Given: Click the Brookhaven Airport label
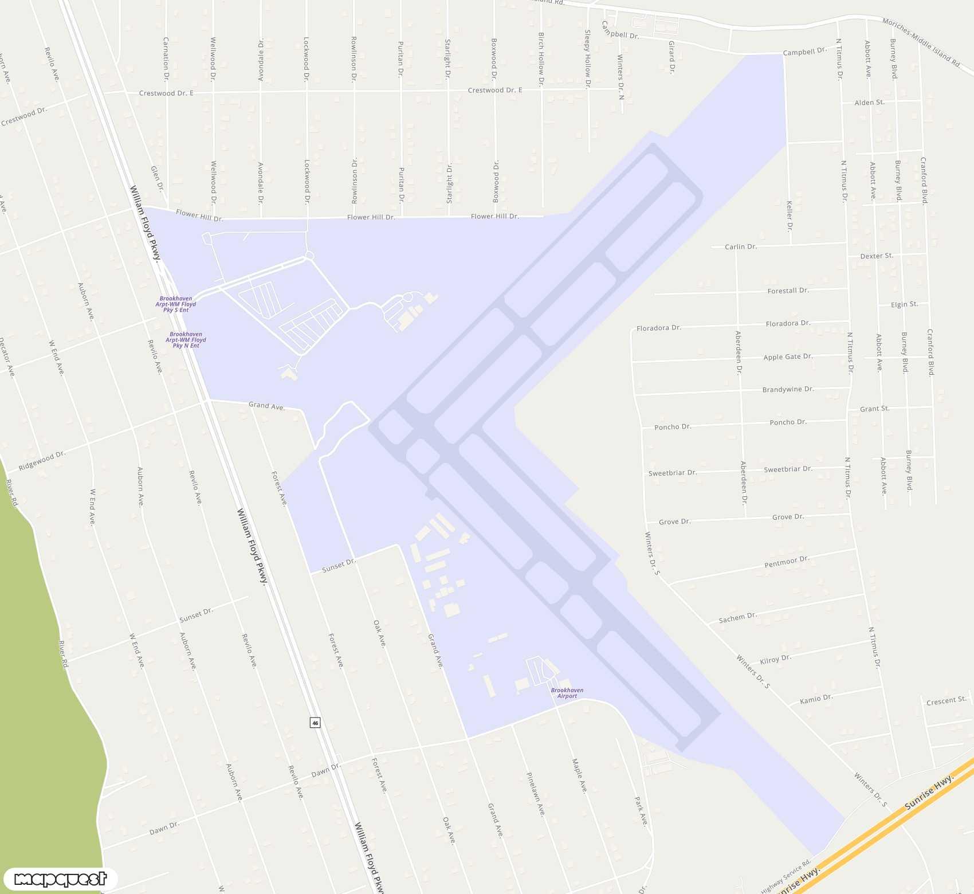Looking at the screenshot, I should pyautogui.click(x=567, y=693).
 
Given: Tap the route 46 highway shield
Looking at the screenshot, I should pyautogui.click(x=315, y=723).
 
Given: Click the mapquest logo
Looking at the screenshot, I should pyautogui.click(x=60, y=879).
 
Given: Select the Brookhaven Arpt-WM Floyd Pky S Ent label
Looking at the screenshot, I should pyautogui.click(x=176, y=304).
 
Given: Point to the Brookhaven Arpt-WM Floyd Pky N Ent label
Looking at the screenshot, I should pyautogui.click(x=186, y=340).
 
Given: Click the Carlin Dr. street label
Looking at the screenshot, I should pyautogui.click(x=741, y=247).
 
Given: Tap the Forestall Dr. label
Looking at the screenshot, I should pyautogui.click(x=788, y=291).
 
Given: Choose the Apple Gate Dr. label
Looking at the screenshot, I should pyautogui.click(x=788, y=357).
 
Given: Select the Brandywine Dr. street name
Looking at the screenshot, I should pyautogui.click(x=788, y=390).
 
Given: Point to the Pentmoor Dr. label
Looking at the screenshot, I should pyautogui.click(x=787, y=562).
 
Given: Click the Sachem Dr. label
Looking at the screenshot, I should pyautogui.click(x=738, y=618).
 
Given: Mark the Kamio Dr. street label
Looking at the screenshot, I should pyautogui.click(x=816, y=699).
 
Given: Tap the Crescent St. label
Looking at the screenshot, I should pyautogui.click(x=946, y=701).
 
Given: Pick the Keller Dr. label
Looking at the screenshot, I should pyautogui.click(x=790, y=216).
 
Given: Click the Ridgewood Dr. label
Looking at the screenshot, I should pyautogui.click(x=42, y=461).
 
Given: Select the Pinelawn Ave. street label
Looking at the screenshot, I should pyautogui.click(x=536, y=794).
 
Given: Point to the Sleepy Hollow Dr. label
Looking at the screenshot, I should pyautogui.click(x=587, y=59).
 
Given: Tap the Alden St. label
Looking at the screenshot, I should pyautogui.click(x=869, y=103).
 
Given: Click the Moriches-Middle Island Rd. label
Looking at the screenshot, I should pyautogui.click(x=921, y=43).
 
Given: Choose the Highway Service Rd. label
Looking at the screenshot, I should pyautogui.click(x=786, y=876).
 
